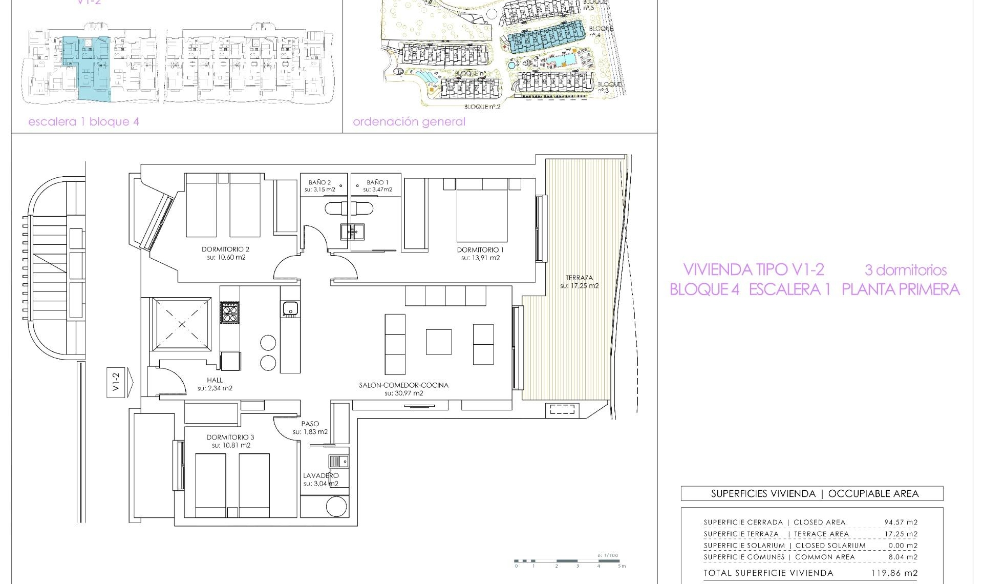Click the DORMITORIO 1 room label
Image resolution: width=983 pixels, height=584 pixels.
pos(480,250)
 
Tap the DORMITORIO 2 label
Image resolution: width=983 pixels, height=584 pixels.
pos(225,249)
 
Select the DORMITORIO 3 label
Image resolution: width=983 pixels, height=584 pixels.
pos(230,437)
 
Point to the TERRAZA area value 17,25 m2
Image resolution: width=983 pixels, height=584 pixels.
pos(579,286)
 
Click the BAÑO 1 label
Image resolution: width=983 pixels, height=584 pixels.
pos(377,182)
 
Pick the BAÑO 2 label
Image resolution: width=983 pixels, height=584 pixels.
pos(319,182)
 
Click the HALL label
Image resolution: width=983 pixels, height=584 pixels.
pos(215,380)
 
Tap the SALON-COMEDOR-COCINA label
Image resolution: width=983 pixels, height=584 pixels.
pos(403,385)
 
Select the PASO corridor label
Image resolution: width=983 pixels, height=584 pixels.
pos(310,424)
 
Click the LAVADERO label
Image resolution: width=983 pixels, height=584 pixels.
pos(320,475)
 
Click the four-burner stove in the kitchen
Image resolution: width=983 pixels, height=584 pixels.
pos(229,312)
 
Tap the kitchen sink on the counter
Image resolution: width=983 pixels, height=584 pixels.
pos(290,308)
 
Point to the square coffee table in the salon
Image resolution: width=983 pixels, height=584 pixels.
pos(438,342)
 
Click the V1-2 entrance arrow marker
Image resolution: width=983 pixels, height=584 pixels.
pos(119,382)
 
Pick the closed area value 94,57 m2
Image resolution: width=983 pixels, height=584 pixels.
pos(901,522)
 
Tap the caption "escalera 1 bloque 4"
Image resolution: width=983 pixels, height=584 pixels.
pos(83,122)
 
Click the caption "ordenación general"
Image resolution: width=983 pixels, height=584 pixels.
pos(409,122)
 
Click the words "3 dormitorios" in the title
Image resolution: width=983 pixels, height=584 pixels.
pos(905,270)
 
